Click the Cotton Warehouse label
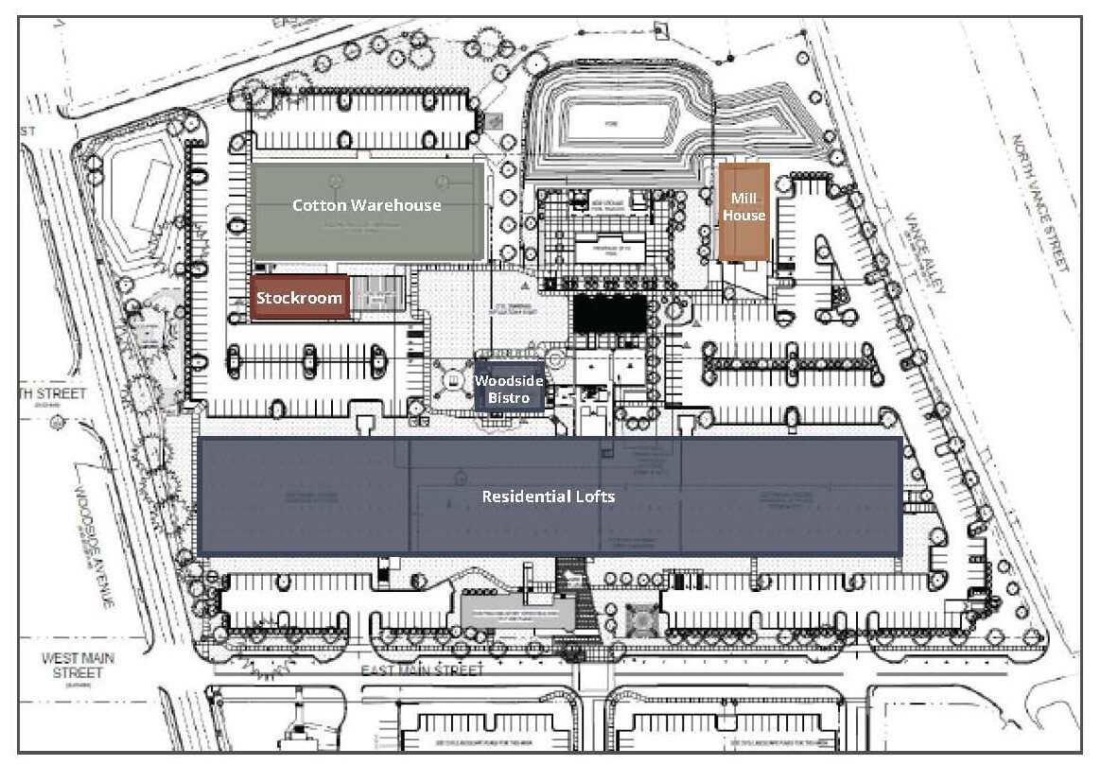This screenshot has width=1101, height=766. pyautogui.click(x=366, y=204)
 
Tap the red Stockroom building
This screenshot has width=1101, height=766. pyautogui.click(x=300, y=298)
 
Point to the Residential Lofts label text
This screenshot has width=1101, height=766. pyautogui.click(x=549, y=496)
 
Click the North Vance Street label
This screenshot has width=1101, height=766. pyautogui.click(x=1040, y=202)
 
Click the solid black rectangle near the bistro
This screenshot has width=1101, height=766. pyautogui.click(x=610, y=313)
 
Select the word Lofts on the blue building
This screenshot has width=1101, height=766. pyautogui.click(x=594, y=496)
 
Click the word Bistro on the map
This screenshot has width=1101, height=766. pyautogui.click(x=509, y=397)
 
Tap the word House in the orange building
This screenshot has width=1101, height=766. pyautogui.click(x=744, y=215)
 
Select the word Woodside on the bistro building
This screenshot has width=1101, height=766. pyautogui.click(x=510, y=380)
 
